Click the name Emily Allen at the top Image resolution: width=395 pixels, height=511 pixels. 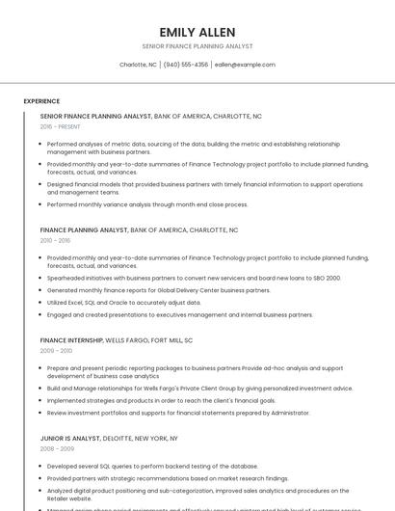point(197,32)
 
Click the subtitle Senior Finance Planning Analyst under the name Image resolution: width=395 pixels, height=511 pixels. point(197,46)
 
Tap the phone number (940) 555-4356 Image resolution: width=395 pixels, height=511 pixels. point(186,65)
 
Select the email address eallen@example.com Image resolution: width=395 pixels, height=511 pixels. point(245,65)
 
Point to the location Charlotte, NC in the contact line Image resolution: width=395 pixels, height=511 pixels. point(138,65)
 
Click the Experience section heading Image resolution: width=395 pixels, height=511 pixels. point(41,101)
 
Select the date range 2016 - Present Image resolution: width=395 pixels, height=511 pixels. point(60,126)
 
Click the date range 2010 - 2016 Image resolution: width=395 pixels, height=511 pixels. point(55,240)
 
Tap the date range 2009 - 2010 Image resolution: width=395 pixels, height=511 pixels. point(55,351)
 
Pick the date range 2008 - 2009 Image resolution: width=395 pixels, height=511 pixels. point(55,448)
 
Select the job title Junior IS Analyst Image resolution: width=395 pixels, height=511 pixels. point(70,438)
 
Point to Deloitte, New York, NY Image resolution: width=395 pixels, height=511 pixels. point(140,438)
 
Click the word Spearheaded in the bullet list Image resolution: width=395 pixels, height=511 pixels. point(67,278)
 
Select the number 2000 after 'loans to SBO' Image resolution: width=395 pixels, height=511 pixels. point(332,278)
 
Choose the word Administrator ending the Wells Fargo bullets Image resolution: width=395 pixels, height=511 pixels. point(290,413)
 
